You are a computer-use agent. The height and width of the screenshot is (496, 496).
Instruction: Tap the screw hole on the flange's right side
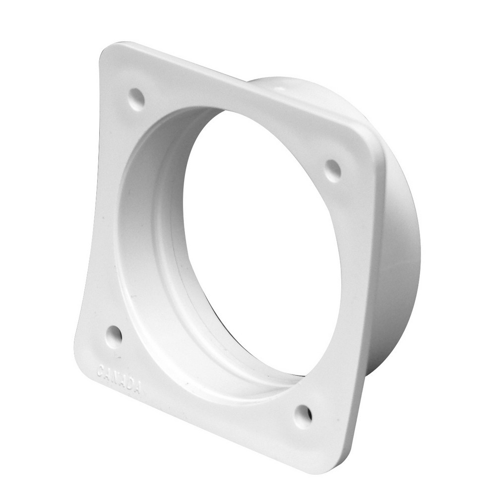pyautogui.click(x=333, y=169)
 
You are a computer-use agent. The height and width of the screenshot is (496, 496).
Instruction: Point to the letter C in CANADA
pyautogui.click(x=100, y=370)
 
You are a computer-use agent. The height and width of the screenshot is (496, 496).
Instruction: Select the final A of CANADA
pyautogui.click(x=137, y=388)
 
